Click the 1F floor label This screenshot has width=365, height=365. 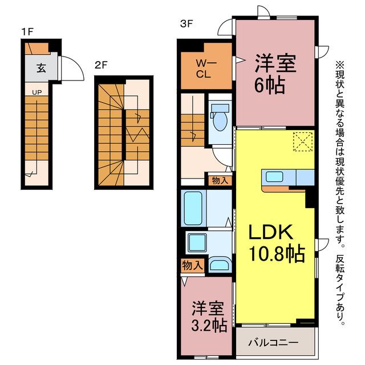click(x=27, y=32)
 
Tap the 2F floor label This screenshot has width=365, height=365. click(x=101, y=65)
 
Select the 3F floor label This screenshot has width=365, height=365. click(x=186, y=23)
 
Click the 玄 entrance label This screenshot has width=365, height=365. click(x=41, y=68)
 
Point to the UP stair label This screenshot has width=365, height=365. click(x=36, y=92)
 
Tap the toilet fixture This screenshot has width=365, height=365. click(x=220, y=117)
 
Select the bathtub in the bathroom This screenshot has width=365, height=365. click(x=193, y=208)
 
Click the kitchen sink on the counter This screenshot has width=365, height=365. click(x=274, y=176)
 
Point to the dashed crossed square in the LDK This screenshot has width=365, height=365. click(x=303, y=141)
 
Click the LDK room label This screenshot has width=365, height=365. click(x=271, y=232)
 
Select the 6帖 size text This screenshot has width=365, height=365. click(x=270, y=86)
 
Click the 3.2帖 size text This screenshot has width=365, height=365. click(x=209, y=325)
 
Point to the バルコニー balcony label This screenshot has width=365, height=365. click(x=273, y=342)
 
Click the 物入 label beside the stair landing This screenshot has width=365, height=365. click(x=220, y=180)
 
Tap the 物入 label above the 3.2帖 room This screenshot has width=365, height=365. click(x=193, y=265)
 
